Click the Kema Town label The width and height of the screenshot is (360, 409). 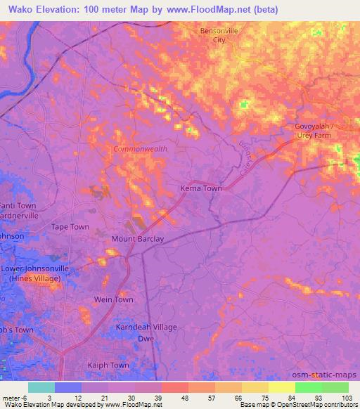click(x=202, y=190)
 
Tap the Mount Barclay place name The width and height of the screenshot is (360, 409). click(x=138, y=239)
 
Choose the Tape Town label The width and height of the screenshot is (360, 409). click(x=70, y=227)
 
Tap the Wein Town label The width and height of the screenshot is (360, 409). click(x=114, y=299)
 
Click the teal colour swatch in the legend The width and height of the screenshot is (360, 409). click(x=41, y=387)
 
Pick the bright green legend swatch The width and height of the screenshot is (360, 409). click(x=309, y=387)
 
